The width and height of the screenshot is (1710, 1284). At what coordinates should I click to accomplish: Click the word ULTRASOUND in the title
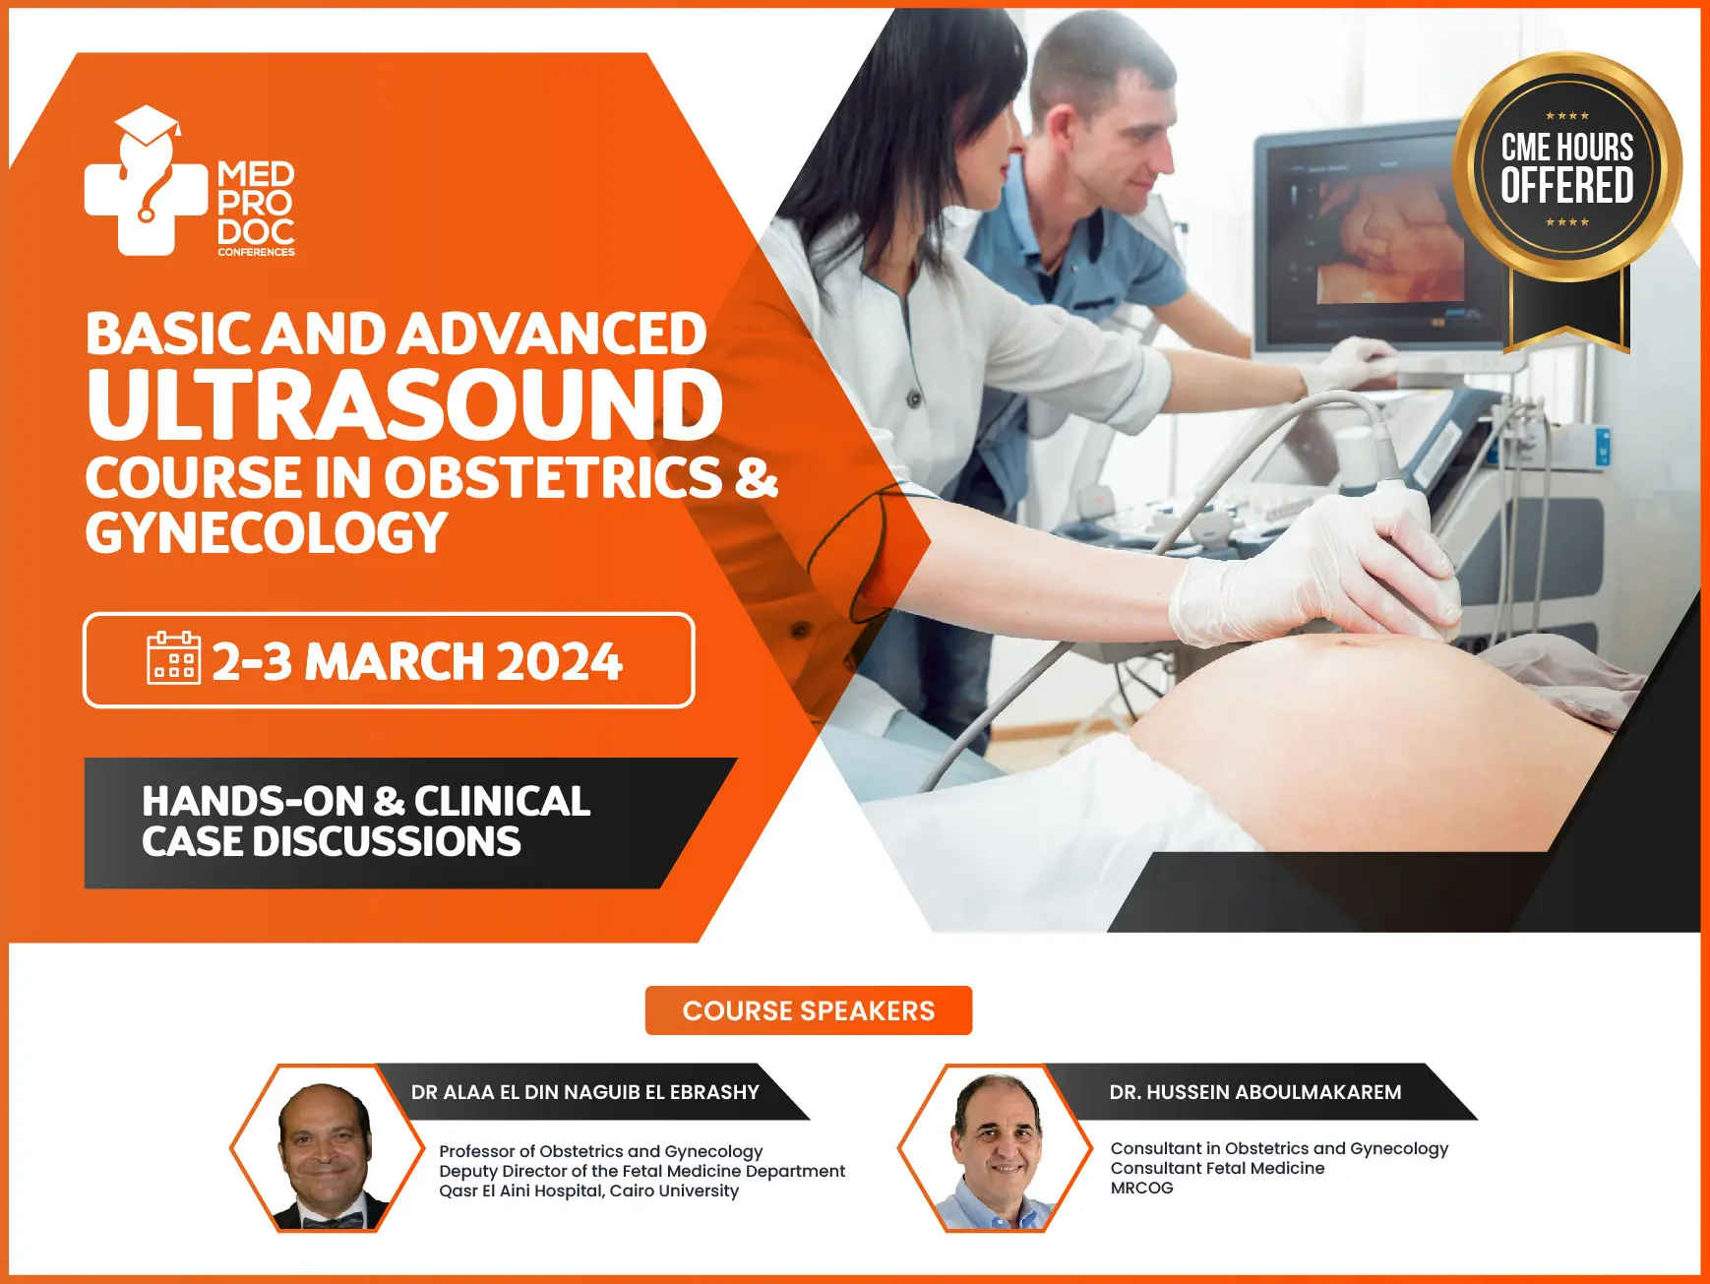(404, 405)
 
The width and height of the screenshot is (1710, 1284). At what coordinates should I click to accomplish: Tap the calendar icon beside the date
(173, 658)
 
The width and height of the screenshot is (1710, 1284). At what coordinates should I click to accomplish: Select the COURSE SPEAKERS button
(808, 1010)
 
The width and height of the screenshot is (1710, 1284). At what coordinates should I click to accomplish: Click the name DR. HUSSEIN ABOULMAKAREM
(1254, 1092)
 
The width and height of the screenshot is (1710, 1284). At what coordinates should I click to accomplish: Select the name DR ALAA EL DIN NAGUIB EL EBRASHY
(584, 1092)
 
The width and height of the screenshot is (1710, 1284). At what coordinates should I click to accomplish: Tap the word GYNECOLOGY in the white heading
(266, 533)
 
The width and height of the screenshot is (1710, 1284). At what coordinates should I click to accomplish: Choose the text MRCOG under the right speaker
(1141, 1188)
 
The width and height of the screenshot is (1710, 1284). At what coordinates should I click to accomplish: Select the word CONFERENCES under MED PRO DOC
(256, 252)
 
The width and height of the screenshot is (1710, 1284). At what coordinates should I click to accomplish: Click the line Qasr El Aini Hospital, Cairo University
(588, 1191)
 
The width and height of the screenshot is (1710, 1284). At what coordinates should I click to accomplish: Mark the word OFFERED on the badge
(1566, 186)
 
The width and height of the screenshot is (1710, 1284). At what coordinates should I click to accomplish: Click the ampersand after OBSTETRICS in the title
(757, 477)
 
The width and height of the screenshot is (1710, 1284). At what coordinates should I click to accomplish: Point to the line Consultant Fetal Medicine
(1217, 1168)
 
